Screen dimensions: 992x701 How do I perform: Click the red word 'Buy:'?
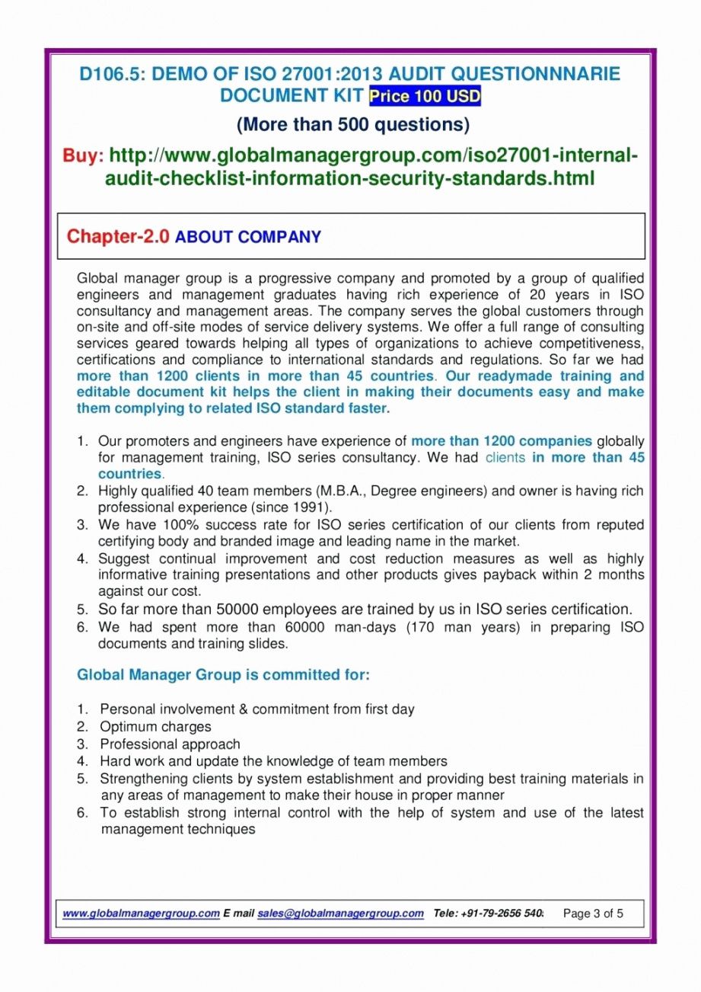tap(83, 157)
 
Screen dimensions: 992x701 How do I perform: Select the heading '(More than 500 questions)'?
tap(352, 123)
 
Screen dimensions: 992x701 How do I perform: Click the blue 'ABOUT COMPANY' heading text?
tap(248, 237)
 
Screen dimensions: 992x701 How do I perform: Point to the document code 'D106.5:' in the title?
tap(113, 74)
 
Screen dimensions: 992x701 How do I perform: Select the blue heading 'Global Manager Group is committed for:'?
tap(224, 675)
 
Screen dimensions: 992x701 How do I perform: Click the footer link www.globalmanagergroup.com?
tap(141, 914)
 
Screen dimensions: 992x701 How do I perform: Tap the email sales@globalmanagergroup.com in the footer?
tap(340, 914)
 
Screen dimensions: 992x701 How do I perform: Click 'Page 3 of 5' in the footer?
tap(593, 914)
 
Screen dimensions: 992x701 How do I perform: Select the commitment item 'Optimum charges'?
tap(155, 727)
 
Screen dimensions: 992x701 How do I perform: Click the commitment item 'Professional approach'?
tap(170, 744)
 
